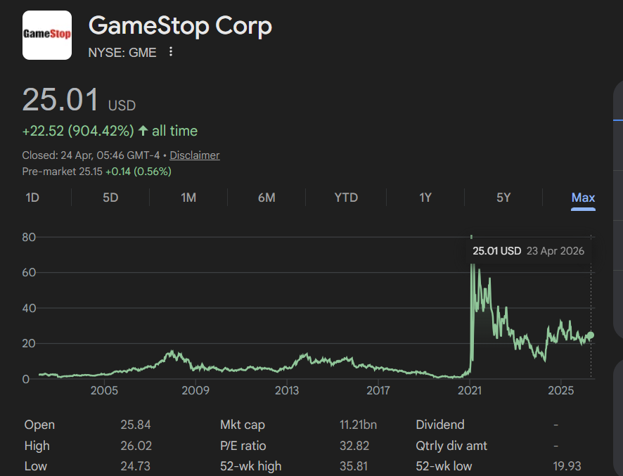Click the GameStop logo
47,35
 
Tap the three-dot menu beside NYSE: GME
170,52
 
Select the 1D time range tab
32,198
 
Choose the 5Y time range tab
503,198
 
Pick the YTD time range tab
346,198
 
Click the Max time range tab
583,198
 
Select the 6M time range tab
266,198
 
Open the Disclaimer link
195,155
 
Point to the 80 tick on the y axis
29,238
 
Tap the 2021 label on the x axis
470,390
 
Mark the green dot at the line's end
591,335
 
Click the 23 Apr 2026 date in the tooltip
555,251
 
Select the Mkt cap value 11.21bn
358,425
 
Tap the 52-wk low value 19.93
567,466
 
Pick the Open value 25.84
136,425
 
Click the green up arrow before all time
143,131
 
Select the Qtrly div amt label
451,446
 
